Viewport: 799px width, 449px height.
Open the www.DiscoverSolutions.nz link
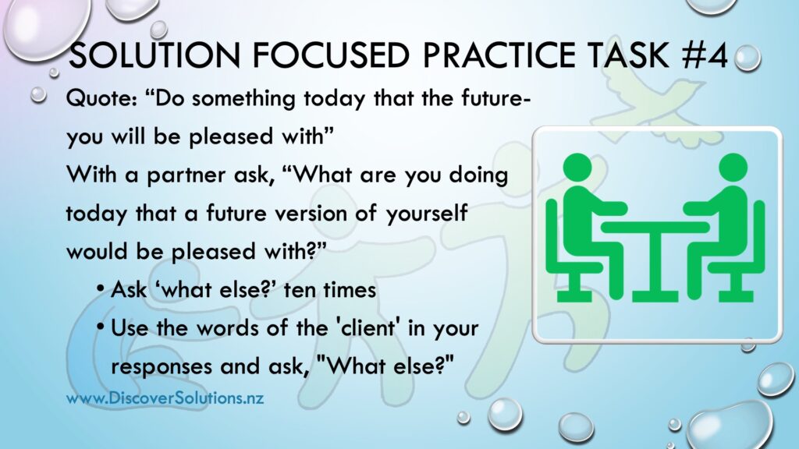click(165, 398)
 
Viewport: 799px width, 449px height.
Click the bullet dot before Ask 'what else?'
click(102, 290)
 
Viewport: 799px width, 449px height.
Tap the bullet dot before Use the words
click(102, 328)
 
